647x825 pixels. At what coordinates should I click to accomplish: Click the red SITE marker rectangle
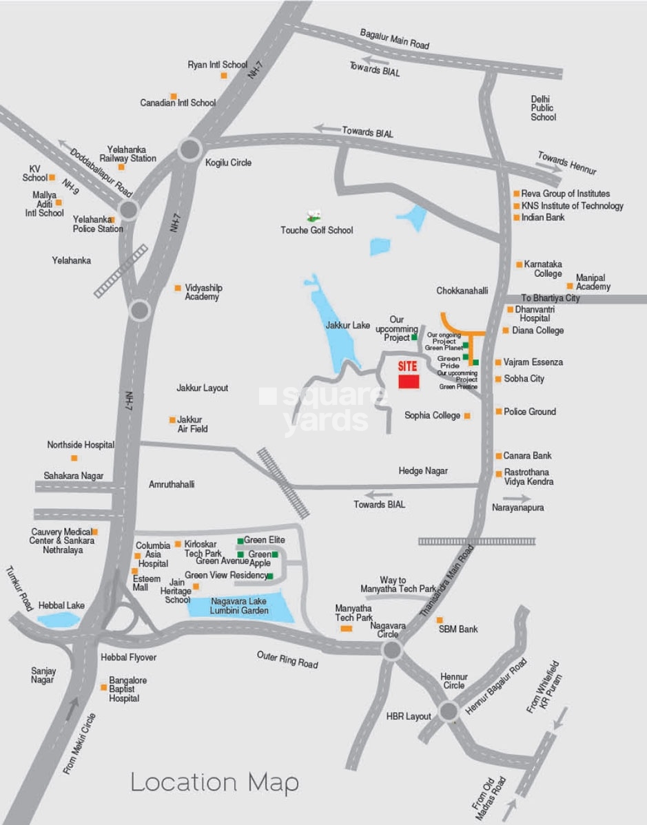(x=409, y=382)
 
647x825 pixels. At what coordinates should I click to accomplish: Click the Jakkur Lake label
(x=348, y=325)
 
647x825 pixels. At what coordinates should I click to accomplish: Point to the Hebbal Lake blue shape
(x=59, y=618)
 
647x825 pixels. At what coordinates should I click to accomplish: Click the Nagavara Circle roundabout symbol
(x=392, y=649)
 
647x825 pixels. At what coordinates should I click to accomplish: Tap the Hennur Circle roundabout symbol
(x=449, y=711)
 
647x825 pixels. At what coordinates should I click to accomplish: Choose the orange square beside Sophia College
(x=467, y=416)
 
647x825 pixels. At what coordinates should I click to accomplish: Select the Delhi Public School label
(x=543, y=108)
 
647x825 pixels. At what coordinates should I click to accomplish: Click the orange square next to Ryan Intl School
(x=224, y=75)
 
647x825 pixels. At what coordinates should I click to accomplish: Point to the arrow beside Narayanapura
(x=522, y=498)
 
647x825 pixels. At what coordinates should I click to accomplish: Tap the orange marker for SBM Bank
(x=440, y=620)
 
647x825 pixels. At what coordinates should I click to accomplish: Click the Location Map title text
(x=215, y=782)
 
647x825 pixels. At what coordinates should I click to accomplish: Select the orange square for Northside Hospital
(x=74, y=457)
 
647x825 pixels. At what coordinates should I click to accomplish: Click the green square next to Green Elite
(x=240, y=541)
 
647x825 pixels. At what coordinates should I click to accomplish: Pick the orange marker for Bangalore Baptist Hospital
(x=103, y=687)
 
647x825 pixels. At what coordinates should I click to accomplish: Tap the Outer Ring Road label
(x=287, y=659)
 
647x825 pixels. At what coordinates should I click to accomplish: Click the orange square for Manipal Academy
(x=570, y=286)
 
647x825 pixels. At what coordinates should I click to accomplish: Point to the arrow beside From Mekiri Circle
(x=72, y=709)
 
